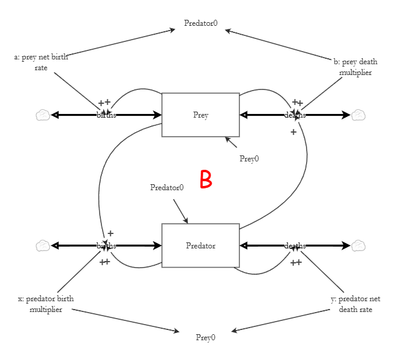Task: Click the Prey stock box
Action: [x=200, y=115]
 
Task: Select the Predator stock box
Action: [x=200, y=245]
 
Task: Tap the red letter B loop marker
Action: [x=206, y=179]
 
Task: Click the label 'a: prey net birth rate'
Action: [x=41, y=62]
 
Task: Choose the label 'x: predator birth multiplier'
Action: [x=46, y=304]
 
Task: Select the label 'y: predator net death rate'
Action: [x=359, y=304]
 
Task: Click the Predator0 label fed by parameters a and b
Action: [x=200, y=24]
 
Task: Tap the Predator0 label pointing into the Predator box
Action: [x=167, y=187]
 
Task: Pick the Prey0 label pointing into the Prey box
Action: [x=249, y=159]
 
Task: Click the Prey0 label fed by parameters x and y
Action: [x=205, y=337]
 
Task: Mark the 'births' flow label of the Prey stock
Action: [x=106, y=115]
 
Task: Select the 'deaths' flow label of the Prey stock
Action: [x=295, y=115]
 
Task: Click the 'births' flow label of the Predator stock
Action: [x=106, y=245]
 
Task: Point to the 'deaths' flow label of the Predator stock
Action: [x=295, y=245]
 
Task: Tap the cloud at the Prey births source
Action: [x=43, y=115]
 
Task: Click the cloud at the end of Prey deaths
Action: [x=359, y=115]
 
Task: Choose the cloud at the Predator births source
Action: [x=43, y=245]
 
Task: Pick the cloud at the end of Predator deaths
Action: [x=359, y=245]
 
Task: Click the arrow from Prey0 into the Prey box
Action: [x=232, y=142]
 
